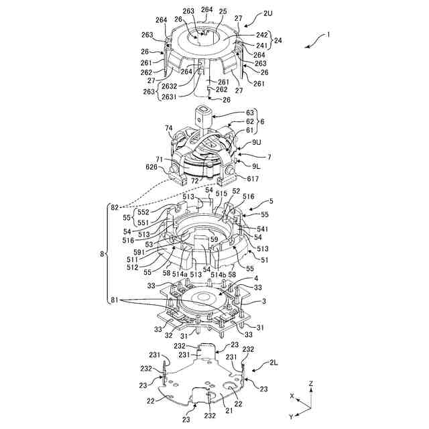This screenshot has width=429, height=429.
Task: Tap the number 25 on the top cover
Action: click(x=223, y=12)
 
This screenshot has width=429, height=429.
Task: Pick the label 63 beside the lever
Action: click(x=250, y=113)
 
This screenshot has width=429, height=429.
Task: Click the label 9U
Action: click(x=257, y=143)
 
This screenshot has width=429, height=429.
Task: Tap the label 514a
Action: click(x=180, y=273)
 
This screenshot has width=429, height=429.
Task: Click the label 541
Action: click(x=262, y=229)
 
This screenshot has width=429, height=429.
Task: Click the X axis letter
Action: click(x=292, y=396)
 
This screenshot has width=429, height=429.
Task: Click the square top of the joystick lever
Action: click(x=204, y=108)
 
